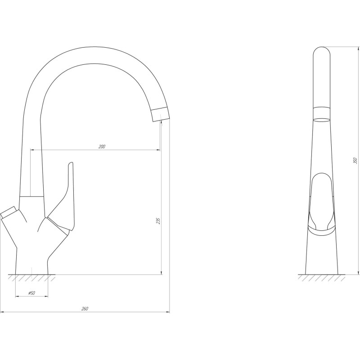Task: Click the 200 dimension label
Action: click(102, 147)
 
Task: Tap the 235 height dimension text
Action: click(158, 221)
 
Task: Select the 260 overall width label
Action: click(85, 309)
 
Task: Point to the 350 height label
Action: click(355, 160)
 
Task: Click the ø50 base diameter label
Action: click(31, 293)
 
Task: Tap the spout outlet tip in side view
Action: click(161, 114)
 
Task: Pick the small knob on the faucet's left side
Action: click(8, 211)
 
